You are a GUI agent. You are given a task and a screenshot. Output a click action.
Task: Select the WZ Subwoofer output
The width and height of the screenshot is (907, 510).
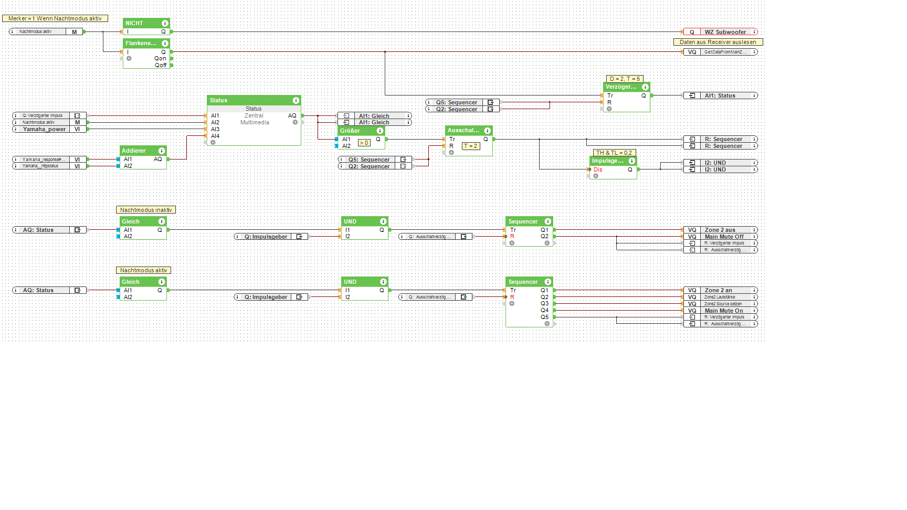(x=725, y=32)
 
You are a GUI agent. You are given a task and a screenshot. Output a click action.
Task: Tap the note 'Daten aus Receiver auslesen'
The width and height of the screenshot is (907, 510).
(x=718, y=42)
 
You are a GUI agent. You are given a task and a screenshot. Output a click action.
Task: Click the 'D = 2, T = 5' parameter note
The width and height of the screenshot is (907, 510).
(x=625, y=79)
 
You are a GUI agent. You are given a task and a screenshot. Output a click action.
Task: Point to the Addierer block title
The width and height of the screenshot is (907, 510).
(x=134, y=151)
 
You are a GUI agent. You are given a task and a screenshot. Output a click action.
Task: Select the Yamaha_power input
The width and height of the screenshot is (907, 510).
(x=45, y=129)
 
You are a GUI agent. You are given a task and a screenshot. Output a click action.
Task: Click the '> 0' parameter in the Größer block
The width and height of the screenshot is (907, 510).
(x=364, y=143)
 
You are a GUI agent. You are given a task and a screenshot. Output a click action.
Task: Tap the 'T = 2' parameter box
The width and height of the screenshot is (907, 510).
(x=470, y=146)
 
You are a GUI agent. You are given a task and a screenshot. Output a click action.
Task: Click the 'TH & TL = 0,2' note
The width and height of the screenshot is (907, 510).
(x=614, y=153)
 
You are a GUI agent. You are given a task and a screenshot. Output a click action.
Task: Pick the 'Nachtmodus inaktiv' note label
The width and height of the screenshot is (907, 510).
(x=145, y=210)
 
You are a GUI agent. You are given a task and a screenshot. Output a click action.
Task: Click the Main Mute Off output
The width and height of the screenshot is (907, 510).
(x=724, y=237)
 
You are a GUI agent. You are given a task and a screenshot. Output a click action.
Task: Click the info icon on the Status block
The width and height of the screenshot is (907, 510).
(x=296, y=100)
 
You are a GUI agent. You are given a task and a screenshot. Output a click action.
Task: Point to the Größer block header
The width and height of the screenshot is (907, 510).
(x=350, y=131)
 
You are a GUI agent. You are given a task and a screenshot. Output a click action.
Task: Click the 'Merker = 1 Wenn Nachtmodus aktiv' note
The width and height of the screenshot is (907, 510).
(x=55, y=18)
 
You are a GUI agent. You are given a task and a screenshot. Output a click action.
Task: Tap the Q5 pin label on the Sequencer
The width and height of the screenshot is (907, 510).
(x=544, y=317)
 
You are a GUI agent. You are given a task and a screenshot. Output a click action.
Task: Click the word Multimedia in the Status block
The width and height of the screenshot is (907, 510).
(x=255, y=122)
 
